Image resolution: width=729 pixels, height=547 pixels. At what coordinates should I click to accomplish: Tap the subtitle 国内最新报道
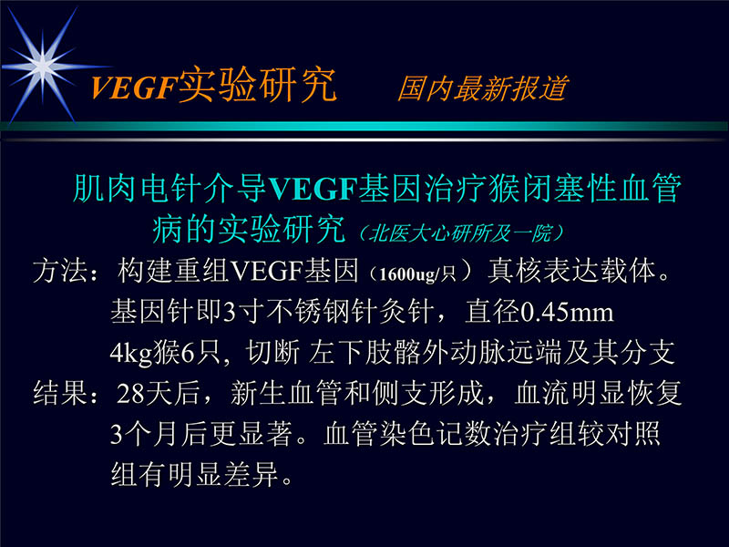tap(482, 88)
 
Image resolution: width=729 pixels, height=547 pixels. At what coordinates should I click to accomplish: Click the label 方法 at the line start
tap(62, 271)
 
